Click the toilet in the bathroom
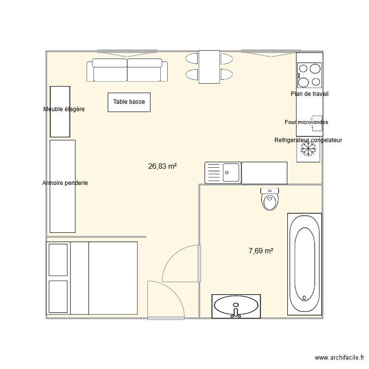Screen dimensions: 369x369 coord(269,199)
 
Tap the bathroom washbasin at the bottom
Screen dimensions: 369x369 coord(236,307)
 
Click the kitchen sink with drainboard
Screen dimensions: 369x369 coord(223,172)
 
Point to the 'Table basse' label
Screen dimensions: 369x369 coord(129,102)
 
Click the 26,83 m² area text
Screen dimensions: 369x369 coord(162,166)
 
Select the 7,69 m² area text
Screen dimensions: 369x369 coord(261,251)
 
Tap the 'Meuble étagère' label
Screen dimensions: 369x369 coord(64,109)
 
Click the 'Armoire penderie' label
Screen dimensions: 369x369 coord(65,183)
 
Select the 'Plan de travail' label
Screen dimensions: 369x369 coord(309,94)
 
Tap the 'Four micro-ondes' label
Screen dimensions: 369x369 coord(306,122)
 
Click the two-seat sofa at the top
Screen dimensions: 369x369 coord(127,70)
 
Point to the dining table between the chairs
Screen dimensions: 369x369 coord(209,67)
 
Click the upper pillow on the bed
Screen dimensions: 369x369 coord(59,259)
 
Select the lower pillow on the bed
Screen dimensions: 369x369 coord(59,296)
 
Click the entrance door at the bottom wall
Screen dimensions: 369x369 coord(166,318)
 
